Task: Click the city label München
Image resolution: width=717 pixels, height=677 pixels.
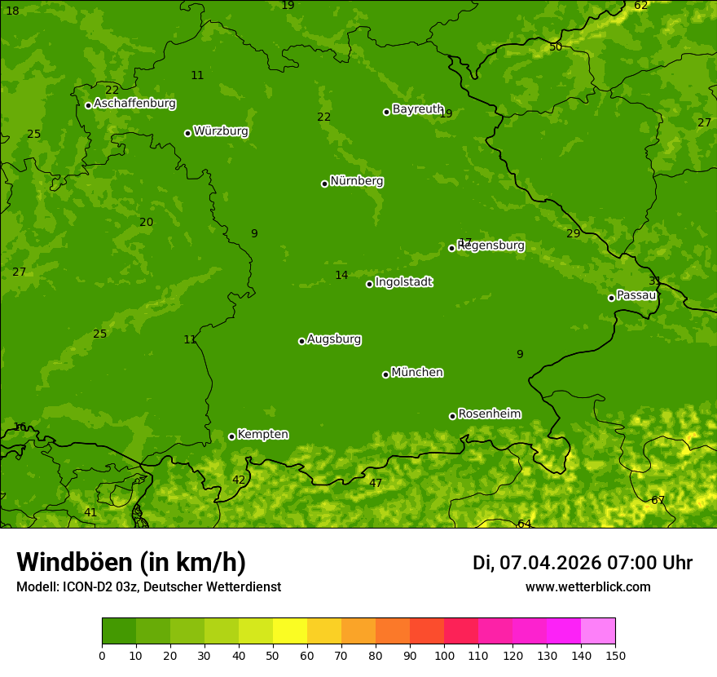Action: [416, 373]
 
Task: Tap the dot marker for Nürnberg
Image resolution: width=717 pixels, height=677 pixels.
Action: [324, 184]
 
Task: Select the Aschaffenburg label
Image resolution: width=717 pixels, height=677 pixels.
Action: [134, 104]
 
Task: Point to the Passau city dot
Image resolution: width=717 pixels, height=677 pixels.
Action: [611, 298]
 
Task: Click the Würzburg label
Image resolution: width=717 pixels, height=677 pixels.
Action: [220, 131]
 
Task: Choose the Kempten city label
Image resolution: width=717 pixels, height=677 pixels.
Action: [262, 435]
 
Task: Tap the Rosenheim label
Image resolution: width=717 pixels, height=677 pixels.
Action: [489, 414]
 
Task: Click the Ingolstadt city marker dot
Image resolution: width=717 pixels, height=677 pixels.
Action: [369, 284]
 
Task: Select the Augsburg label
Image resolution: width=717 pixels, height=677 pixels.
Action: [334, 339]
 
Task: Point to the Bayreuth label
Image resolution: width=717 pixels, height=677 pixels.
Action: [417, 109]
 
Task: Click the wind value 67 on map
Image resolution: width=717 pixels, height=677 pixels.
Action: [658, 500]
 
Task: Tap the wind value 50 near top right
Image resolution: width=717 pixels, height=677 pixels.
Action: [556, 46]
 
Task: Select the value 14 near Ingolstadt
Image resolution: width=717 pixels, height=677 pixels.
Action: [341, 275]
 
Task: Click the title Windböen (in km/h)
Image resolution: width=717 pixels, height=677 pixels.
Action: [131, 562]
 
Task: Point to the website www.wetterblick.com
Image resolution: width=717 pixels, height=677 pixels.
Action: [587, 587]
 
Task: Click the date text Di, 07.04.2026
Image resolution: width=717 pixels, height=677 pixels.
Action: [536, 563]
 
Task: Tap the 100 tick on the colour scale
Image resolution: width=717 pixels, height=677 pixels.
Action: [444, 656]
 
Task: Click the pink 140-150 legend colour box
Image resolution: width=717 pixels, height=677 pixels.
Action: [598, 631]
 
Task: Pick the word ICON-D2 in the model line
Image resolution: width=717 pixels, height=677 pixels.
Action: [86, 587]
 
